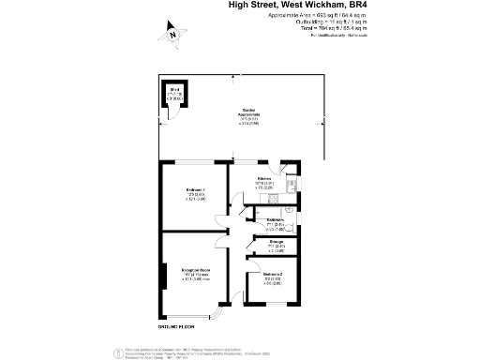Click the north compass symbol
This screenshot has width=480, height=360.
(x=172, y=35)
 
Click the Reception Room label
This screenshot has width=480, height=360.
(x=195, y=272)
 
